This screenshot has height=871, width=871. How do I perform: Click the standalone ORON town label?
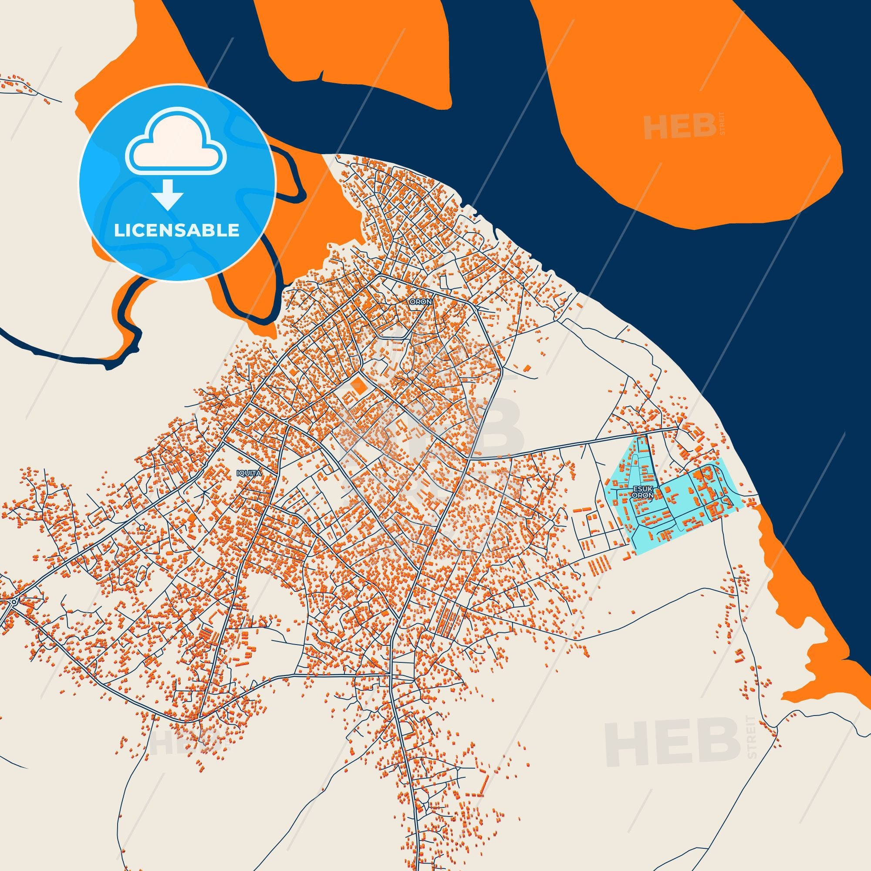[x=419, y=301]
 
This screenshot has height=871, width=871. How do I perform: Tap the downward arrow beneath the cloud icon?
[x=167, y=194]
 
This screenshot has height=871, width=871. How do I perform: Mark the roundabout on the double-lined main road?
[x=14, y=601]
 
